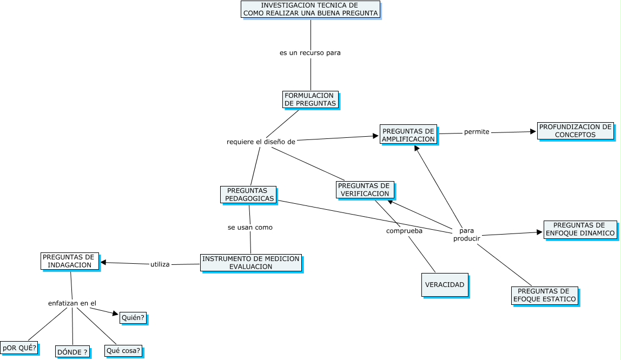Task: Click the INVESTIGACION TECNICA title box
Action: tap(311, 9)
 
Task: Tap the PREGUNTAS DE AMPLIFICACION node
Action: tap(408, 135)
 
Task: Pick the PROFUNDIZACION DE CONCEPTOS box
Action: tap(576, 131)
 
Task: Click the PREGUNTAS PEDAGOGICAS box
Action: tap(248, 195)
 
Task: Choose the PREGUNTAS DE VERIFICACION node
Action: tap(365, 190)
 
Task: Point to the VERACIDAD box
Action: tap(444, 285)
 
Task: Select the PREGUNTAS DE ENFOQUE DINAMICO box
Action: tap(580, 229)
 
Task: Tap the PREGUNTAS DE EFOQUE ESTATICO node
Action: tap(544, 295)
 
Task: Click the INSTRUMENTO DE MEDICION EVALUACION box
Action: tap(250, 263)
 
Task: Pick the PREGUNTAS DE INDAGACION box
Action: tap(70, 261)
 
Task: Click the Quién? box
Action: tap(133, 318)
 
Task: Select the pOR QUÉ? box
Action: tap(19, 348)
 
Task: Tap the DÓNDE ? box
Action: tap(72, 352)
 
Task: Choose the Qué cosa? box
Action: tap(123, 351)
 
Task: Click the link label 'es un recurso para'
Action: tap(310, 53)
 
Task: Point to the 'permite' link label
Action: tap(477, 132)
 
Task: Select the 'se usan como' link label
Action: tap(250, 228)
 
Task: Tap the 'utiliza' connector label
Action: tap(160, 264)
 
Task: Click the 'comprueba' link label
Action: tap(404, 231)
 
